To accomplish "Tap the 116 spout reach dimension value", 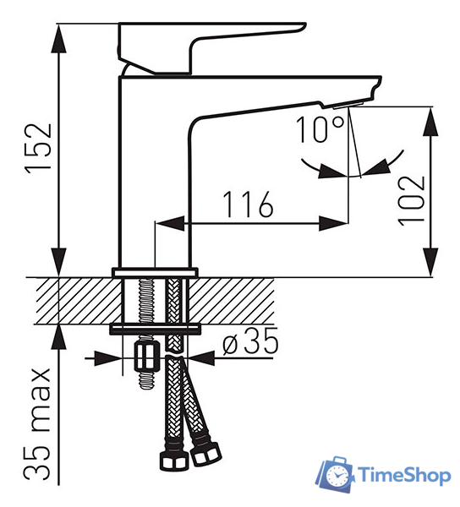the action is [x=249, y=204].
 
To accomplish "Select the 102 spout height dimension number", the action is [x=412, y=200].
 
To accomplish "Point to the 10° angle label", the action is [x=320, y=129].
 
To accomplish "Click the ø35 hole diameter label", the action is [x=250, y=341].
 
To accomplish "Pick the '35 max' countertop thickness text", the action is [x=37, y=423].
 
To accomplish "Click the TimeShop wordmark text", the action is [x=404, y=475].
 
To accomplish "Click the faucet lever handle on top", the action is [x=211, y=48].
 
